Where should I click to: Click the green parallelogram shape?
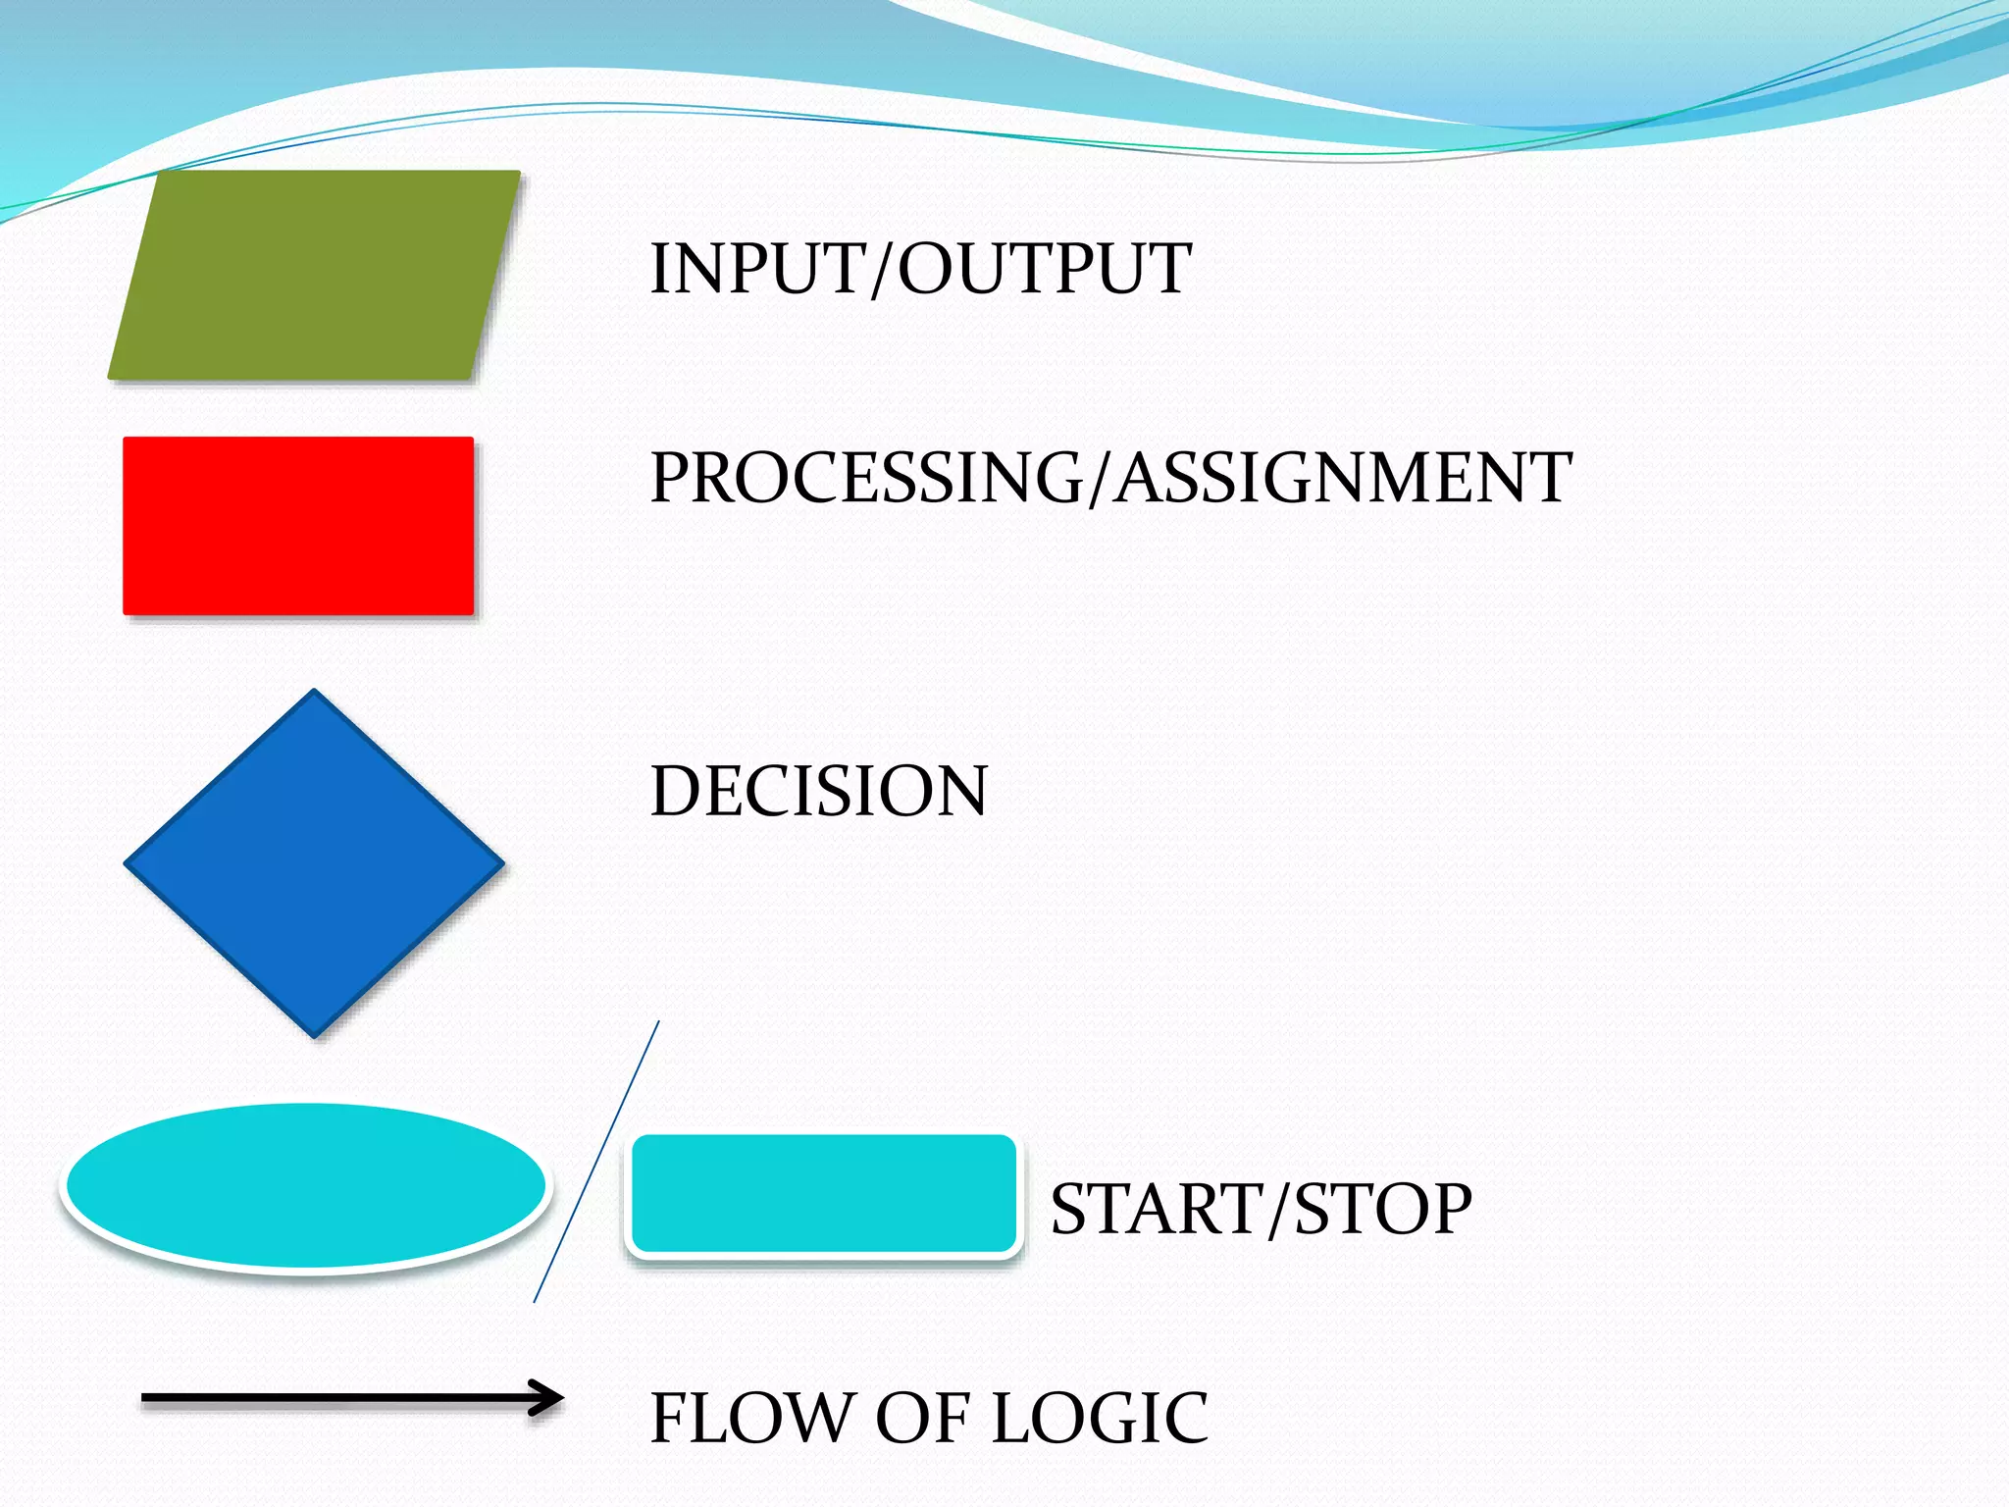tap(314, 275)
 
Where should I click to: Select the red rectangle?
tap(298, 526)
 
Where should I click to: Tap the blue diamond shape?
tap(314, 863)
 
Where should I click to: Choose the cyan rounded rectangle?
tap(824, 1194)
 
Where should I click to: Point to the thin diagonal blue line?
tap(596, 1162)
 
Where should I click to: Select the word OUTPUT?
tap(1046, 269)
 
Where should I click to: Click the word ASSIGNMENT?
tap(1344, 479)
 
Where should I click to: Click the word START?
tap(1158, 1209)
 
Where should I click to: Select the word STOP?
tap(1383, 1209)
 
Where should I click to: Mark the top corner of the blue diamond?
tap(314, 693)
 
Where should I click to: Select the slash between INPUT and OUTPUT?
tap(883, 270)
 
